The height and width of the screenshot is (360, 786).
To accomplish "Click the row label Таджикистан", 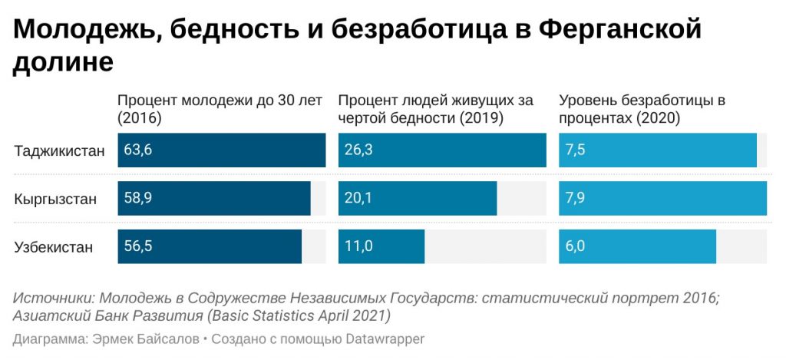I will [x=58, y=150].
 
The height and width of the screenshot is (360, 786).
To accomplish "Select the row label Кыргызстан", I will [x=55, y=199].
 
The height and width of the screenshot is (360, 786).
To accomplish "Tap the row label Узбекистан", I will [x=53, y=247].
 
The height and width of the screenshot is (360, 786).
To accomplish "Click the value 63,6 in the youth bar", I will [x=138, y=150].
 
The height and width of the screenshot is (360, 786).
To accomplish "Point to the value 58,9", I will [x=138, y=199].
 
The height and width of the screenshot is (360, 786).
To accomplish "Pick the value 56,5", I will [x=138, y=247].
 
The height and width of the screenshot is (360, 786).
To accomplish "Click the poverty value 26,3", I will [x=358, y=150].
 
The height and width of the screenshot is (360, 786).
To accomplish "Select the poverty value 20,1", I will [x=358, y=199].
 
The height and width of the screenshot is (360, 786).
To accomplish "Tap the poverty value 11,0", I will [x=358, y=247].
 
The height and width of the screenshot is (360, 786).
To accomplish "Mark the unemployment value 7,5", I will [x=575, y=150].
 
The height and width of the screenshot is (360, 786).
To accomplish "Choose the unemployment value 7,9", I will [x=575, y=199].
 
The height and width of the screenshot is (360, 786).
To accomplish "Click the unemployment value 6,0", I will [x=575, y=247].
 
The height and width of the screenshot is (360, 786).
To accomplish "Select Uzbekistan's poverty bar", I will [x=399, y=247].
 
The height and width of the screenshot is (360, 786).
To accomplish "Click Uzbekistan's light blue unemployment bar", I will [x=652, y=247].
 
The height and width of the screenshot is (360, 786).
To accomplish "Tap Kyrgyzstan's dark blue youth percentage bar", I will [x=230, y=199].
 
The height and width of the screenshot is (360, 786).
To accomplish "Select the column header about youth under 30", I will [x=220, y=109].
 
